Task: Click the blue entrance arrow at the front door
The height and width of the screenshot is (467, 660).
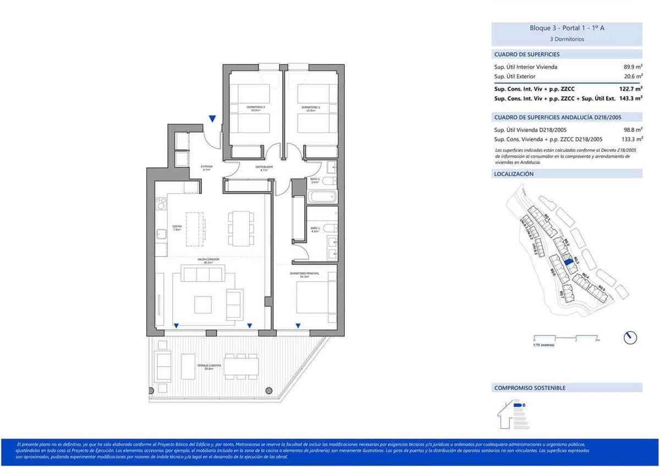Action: coord(212,119)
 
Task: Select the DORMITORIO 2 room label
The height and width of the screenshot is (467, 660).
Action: coord(311,108)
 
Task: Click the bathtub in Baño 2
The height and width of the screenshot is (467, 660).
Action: coord(322,196)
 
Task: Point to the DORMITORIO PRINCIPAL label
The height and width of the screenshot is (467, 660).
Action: coord(305,274)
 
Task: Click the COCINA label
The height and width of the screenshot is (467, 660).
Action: coord(177,227)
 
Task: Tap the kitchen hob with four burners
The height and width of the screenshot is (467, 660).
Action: coord(161,204)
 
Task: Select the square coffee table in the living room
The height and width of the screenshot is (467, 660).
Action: coord(202,304)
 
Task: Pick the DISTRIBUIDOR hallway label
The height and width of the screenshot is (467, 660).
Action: coord(263,168)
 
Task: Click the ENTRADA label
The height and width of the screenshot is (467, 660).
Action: coord(207,167)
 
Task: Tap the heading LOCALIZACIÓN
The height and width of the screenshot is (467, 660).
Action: coord(514,174)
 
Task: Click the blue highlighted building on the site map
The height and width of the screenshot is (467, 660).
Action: coord(569,263)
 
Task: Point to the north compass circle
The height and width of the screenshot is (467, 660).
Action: coord(630,338)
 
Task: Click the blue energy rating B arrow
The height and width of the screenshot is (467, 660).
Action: coord(519,406)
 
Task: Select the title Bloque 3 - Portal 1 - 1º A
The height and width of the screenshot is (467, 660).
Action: coord(566,28)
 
